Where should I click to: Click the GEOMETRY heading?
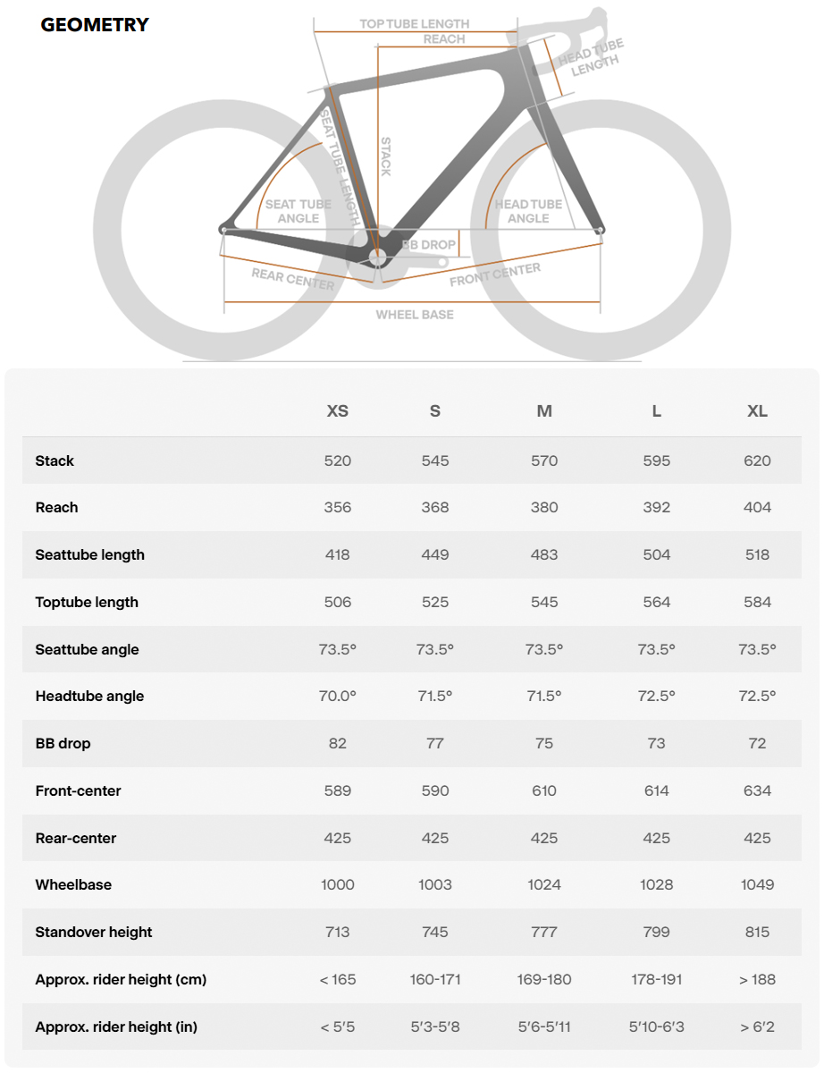tap(95, 25)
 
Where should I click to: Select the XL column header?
tap(757, 411)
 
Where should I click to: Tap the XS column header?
tap(338, 411)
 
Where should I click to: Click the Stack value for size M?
tap(544, 460)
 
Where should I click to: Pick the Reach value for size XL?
tap(757, 507)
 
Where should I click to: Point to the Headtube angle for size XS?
tap(338, 696)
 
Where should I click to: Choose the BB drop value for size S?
tap(435, 743)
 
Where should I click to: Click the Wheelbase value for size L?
tap(656, 884)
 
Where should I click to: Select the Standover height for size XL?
tap(757, 932)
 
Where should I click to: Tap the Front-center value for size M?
tap(544, 790)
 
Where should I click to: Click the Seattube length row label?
tap(90, 554)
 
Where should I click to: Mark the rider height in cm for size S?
tap(435, 979)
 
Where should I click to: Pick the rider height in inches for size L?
tap(656, 1027)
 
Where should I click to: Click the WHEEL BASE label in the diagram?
tap(415, 315)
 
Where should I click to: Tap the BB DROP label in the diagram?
tap(429, 245)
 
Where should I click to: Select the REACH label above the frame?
tap(444, 39)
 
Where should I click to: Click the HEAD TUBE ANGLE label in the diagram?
tap(528, 211)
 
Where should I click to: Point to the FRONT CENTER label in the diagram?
tap(494, 275)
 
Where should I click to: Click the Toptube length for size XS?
tap(338, 602)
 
